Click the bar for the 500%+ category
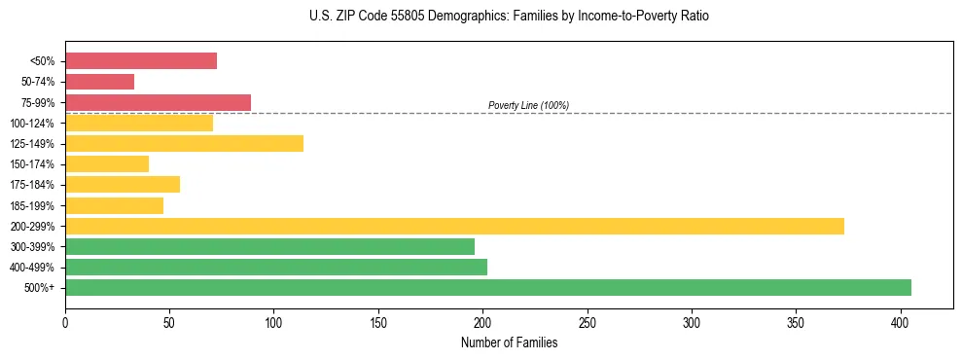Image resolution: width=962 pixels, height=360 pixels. pyautogui.click(x=487, y=287)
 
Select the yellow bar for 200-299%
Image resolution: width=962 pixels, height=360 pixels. pyautogui.click(x=454, y=226)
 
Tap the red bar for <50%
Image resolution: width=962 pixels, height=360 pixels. pyautogui.click(x=141, y=60)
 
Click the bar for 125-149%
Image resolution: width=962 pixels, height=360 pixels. pyautogui.click(x=184, y=143)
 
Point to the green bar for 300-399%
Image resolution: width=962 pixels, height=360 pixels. pyautogui.click(x=269, y=246)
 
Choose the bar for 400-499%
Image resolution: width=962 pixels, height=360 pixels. pyautogui.click(x=276, y=267)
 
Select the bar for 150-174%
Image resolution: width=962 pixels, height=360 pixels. pyautogui.click(x=107, y=163)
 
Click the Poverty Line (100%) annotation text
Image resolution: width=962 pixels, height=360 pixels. pyautogui.click(x=528, y=105)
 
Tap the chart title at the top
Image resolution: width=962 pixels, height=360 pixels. pyautogui.click(x=510, y=17)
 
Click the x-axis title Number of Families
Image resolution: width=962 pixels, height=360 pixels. pyautogui.click(x=509, y=342)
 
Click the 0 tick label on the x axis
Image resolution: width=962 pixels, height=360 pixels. pyautogui.click(x=65, y=321)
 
